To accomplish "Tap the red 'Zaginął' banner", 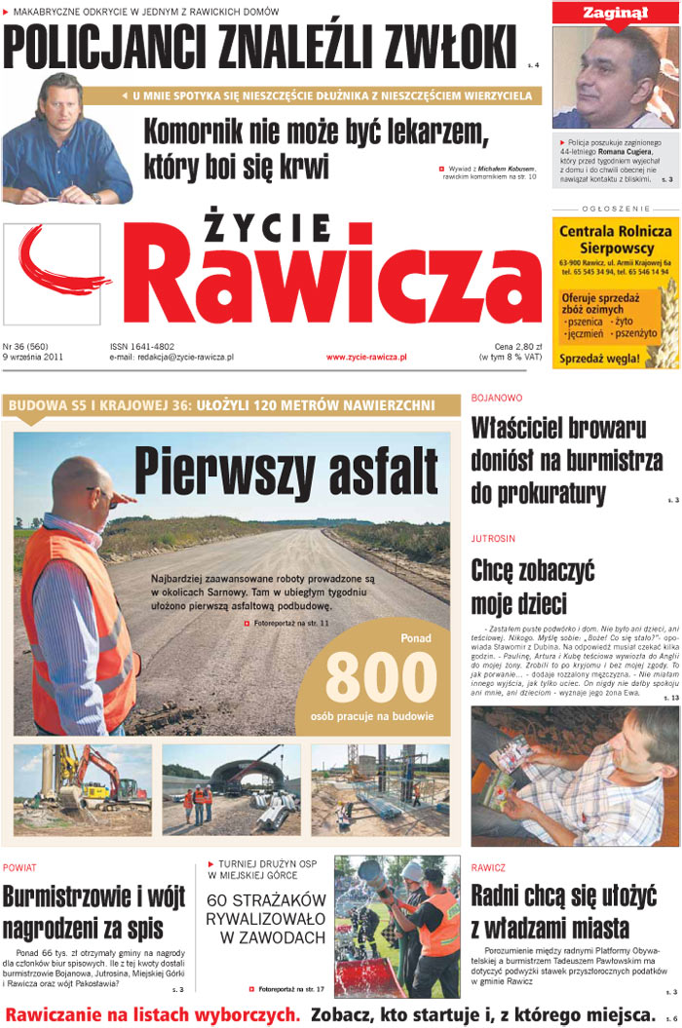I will [616, 13].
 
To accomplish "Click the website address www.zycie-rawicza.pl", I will [366, 358].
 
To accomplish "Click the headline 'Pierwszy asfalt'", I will [285, 470].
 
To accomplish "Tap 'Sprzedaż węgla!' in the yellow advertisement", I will [602, 359].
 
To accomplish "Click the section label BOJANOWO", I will [497, 399].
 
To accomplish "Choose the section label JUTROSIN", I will [493, 538].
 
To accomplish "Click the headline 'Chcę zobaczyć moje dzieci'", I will [532, 585].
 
